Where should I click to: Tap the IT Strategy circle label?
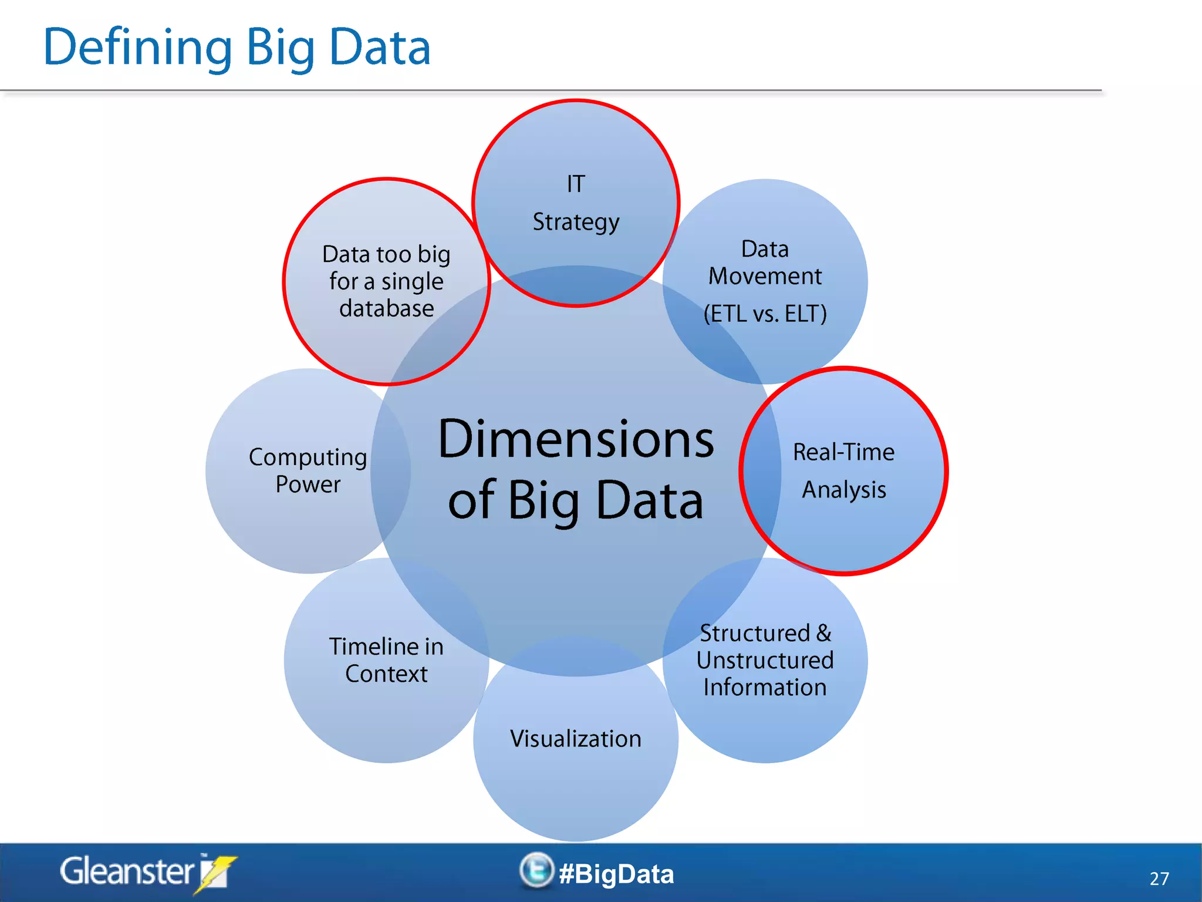pyautogui.click(x=576, y=203)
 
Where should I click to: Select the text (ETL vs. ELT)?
pyautogui.click(x=765, y=314)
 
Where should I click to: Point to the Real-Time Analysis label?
pyautogui.click(x=843, y=470)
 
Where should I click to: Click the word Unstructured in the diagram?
pyautogui.click(x=765, y=661)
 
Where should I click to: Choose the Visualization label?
pyautogui.click(x=576, y=739)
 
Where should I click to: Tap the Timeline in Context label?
pyautogui.click(x=386, y=660)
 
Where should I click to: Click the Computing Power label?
pyautogui.click(x=308, y=470)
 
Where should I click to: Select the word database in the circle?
pyautogui.click(x=386, y=308)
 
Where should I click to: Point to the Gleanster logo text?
pyautogui.click(x=127, y=871)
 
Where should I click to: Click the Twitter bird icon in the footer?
pyautogui.click(x=536, y=870)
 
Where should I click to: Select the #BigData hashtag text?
pyautogui.click(x=616, y=874)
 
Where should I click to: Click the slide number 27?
pyautogui.click(x=1159, y=879)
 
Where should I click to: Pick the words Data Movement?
pyautogui.click(x=765, y=262)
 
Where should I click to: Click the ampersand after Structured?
pyautogui.click(x=824, y=633)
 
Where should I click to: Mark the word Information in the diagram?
pyautogui.click(x=765, y=688)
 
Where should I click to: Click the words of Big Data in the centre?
pyautogui.click(x=576, y=500)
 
